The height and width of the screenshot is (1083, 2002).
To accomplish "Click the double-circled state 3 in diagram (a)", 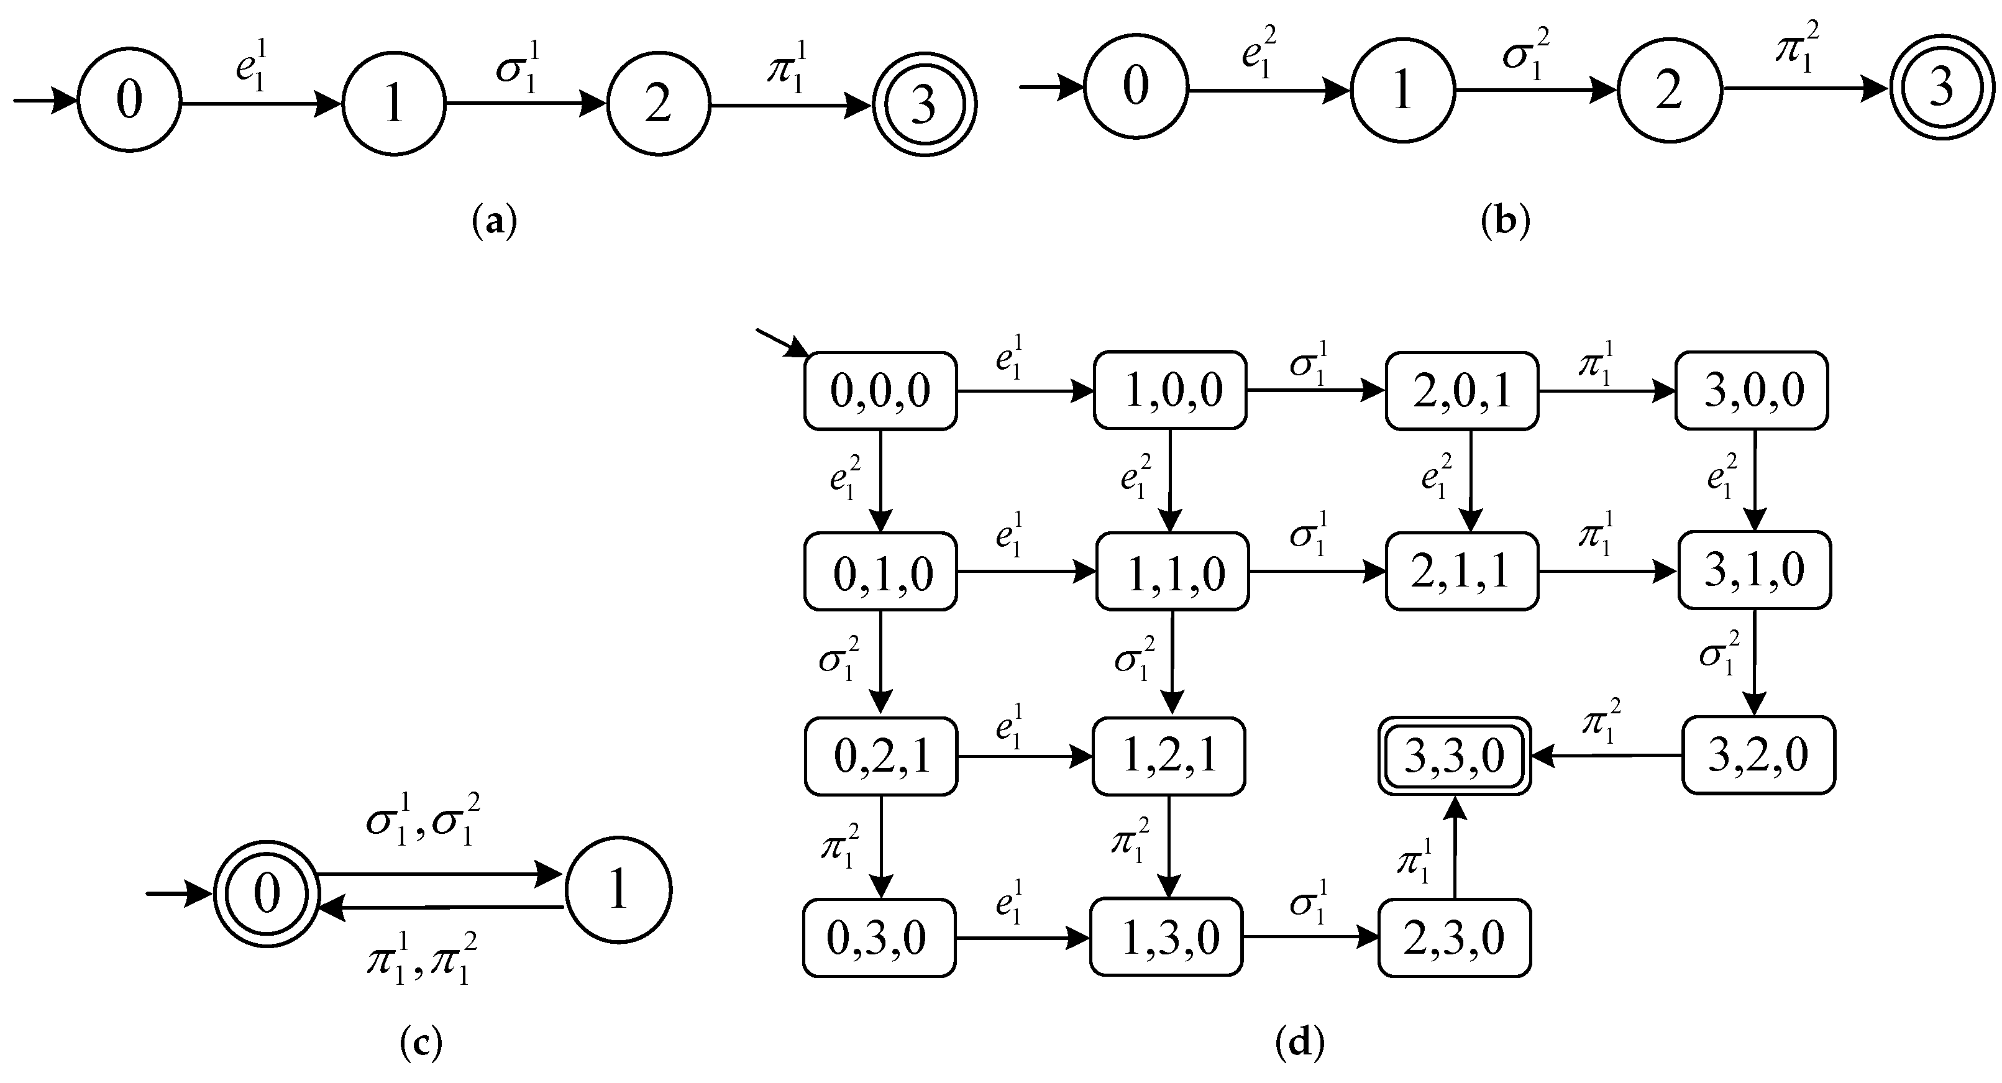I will pyautogui.click(x=923, y=105).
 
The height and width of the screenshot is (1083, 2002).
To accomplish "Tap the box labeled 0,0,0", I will pyautogui.click(x=880, y=390).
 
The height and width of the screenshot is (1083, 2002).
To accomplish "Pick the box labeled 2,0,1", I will pyautogui.click(x=1461, y=390).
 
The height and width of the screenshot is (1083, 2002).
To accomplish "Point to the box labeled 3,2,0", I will pyautogui.click(x=1758, y=754).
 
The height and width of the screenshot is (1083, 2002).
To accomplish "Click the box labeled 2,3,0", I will pyautogui.click(x=1454, y=938).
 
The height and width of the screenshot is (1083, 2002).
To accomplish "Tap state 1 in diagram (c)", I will pyautogui.click(x=618, y=890).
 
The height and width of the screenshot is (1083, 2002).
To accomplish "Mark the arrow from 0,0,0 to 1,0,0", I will pyautogui.click(x=1025, y=391).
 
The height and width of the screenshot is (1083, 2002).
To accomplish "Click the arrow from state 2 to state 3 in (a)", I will pyautogui.click(x=790, y=105).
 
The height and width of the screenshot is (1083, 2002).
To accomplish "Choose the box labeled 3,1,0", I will pyautogui.click(x=1755, y=570).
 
